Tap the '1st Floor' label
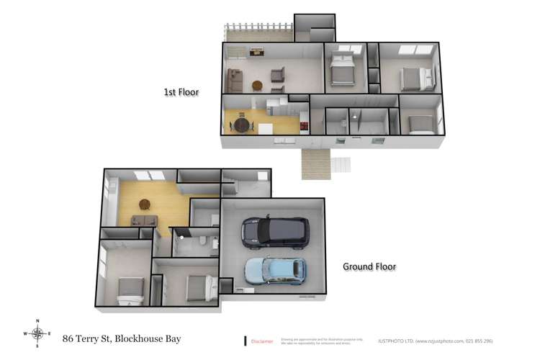(x=181, y=92)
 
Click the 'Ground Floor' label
(x=369, y=266)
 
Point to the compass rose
(x=37, y=333)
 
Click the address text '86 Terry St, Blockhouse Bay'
(x=122, y=338)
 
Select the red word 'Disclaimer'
(x=262, y=341)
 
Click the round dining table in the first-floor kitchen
(x=242, y=125)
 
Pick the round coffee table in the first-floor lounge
(x=257, y=85)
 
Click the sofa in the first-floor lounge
(x=234, y=79)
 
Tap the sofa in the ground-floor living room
(x=143, y=221)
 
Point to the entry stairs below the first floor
(x=315, y=163)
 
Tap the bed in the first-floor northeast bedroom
(x=416, y=76)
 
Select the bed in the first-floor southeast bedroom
(x=420, y=124)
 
